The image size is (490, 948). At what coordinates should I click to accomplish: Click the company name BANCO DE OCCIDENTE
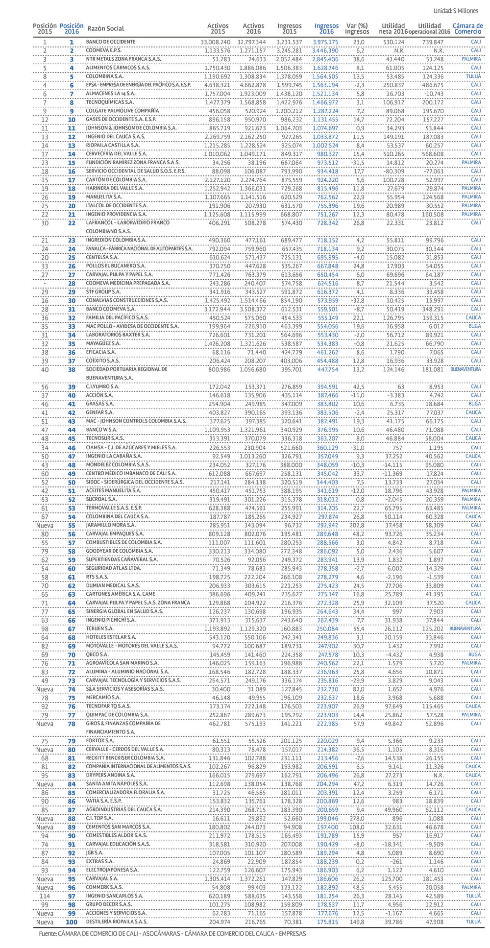111,42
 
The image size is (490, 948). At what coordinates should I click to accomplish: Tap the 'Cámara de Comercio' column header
467,29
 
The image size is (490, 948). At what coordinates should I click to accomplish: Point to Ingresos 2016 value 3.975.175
325,42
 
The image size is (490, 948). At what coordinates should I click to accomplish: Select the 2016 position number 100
72,922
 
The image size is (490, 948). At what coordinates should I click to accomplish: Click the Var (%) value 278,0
357,818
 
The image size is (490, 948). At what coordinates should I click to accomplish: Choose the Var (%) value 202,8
357,525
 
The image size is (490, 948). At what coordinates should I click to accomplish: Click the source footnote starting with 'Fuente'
172,934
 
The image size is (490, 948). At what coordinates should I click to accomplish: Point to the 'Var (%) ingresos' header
357,29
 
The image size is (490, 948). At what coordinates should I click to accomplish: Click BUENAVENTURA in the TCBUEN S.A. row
465,629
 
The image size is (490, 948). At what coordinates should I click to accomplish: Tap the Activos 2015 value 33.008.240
215,42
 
